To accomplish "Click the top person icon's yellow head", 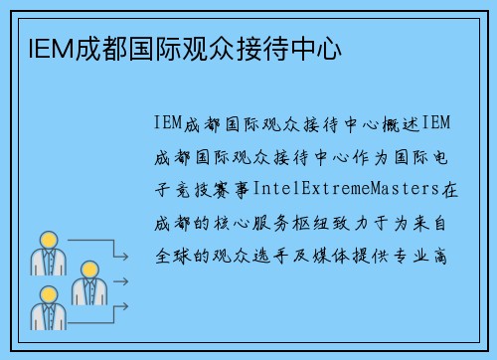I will [x=47, y=240].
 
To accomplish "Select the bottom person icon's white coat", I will [x=47, y=317].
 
